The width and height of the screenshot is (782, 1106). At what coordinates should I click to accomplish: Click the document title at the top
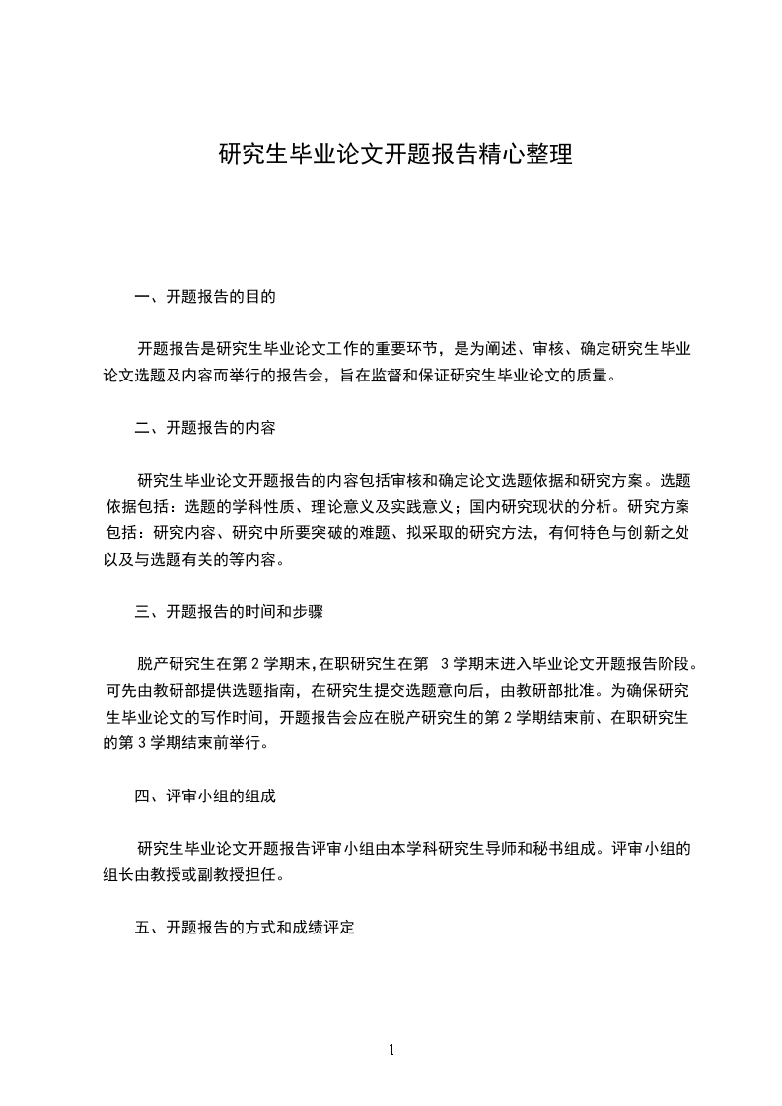(394, 155)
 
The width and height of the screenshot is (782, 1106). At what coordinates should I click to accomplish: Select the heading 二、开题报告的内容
(205, 428)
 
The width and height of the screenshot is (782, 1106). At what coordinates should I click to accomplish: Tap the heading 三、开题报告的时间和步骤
(229, 611)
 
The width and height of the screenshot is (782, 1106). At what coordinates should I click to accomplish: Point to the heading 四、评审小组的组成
(205, 795)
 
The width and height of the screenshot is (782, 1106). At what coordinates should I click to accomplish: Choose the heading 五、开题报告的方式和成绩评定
(244, 928)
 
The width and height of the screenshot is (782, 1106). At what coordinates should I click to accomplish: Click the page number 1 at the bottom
(391, 1050)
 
